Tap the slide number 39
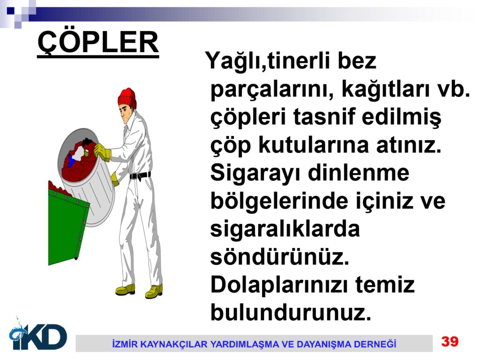[450, 341]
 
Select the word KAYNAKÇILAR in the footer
[173, 344]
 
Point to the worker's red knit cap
[127, 98]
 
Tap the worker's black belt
[140, 176]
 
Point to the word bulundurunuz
[291, 312]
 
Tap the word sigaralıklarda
[285, 229]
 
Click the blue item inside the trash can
[71, 160]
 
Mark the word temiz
[385, 285]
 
